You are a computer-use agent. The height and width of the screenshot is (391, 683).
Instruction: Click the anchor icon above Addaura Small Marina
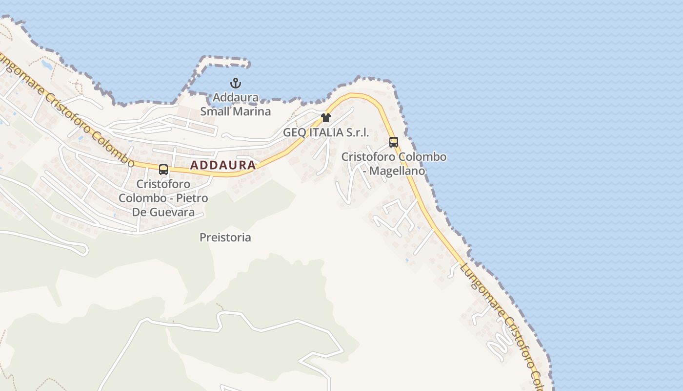coord(236,83)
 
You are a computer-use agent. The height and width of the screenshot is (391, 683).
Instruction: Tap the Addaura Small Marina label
coord(236,104)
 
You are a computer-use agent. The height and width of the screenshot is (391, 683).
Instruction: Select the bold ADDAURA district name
coord(223,165)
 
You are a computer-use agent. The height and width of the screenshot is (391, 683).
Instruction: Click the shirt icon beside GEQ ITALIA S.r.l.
coord(326,118)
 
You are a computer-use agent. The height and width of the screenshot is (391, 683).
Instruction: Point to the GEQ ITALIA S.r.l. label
coord(326,132)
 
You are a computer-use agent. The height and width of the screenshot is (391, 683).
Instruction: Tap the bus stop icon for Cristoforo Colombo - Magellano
coord(394,142)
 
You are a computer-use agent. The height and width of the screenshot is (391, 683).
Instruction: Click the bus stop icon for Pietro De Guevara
coord(163,170)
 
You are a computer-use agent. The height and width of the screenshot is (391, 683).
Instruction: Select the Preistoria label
coord(225,238)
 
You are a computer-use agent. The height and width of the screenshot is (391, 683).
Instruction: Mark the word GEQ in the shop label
coord(294,132)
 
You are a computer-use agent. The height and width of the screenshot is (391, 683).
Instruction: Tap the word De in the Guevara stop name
coord(140,212)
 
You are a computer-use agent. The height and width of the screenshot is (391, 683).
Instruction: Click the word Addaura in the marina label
coord(236,97)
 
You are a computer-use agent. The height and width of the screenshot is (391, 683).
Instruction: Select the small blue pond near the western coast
coord(47,64)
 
